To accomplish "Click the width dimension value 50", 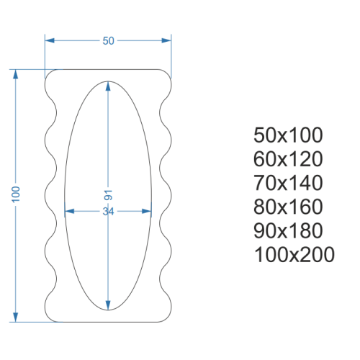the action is pyautogui.click(x=108, y=41).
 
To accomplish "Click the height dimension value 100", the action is pyautogui.click(x=16, y=194).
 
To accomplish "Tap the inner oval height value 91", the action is pyautogui.click(x=108, y=195).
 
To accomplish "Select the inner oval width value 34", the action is pyautogui.click(x=108, y=212).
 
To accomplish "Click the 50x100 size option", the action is pyautogui.click(x=288, y=135).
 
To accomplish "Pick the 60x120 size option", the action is pyautogui.click(x=288, y=159).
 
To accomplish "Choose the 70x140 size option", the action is pyautogui.click(x=288, y=183).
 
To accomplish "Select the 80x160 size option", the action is pyautogui.click(x=288, y=207).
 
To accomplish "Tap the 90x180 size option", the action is pyautogui.click(x=288, y=230).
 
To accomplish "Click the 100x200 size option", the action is pyautogui.click(x=294, y=254).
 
